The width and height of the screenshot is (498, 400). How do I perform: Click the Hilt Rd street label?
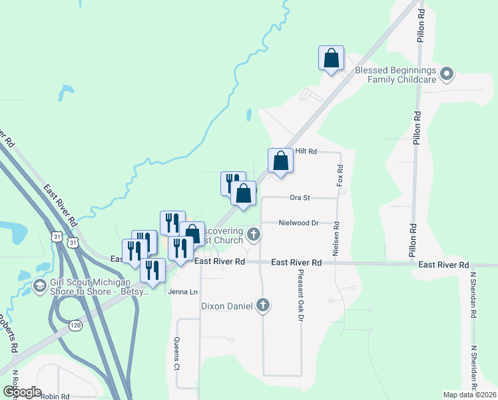tap(306, 152)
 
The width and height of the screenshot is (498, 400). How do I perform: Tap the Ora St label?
tap(300, 197)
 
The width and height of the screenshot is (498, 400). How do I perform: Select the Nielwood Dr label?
tap(299, 223)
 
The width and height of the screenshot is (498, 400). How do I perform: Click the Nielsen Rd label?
tap(336, 239)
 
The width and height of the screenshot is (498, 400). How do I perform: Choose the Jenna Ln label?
tap(183, 292)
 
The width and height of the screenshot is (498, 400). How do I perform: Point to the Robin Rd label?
tap(55, 396)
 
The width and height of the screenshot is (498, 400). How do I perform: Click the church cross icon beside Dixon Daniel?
tap(263, 306)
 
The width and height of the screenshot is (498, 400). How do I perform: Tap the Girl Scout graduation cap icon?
tap(39, 286)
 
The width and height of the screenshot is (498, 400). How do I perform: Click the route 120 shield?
tap(75, 325)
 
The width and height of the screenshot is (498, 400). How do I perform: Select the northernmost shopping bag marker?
tap(331, 59)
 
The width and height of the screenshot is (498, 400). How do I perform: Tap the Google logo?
tap(22, 392)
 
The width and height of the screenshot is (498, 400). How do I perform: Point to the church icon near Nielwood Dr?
tap(253, 234)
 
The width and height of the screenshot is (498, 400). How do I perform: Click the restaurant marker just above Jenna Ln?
tap(152, 271)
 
